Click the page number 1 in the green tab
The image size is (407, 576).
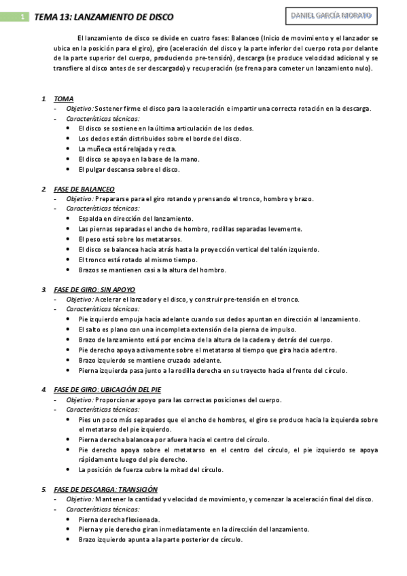coord(22,17)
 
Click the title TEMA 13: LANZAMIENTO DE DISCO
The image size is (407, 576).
coord(103,17)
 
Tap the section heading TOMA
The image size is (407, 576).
coord(63,99)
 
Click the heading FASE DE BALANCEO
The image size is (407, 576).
coord(84,189)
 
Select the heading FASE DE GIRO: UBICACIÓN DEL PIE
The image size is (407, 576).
coord(107,389)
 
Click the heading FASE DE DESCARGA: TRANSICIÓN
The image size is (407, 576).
coord(105,489)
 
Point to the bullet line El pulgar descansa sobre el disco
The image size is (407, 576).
coord(128,169)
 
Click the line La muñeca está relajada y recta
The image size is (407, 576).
coord(127,149)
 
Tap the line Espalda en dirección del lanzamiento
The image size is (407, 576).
coord(136,219)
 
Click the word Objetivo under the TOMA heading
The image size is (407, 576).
coord(79,109)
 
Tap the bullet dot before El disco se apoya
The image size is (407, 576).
coord(69,159)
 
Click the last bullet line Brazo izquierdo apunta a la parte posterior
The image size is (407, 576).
coord(160,540)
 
